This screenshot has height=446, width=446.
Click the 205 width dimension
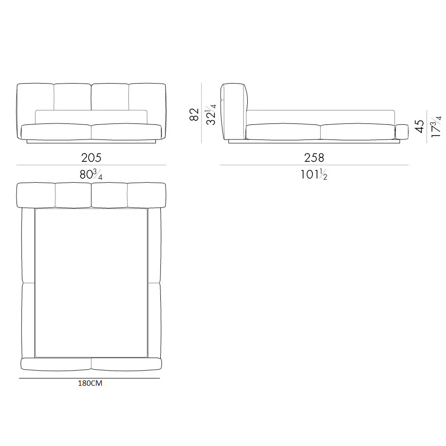(91, 157)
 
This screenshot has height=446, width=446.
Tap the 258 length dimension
(314, 157)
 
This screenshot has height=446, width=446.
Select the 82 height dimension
(194, 115)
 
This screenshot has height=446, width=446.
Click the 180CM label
(90, 383)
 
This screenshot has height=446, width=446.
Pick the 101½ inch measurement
(314, 174)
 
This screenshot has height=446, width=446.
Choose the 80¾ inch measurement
(91, 174)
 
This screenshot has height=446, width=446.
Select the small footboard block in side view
(402, 131)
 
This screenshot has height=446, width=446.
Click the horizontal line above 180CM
(90, 378)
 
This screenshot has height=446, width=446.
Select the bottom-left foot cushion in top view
(56, 364)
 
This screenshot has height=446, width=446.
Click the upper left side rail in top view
(29, 245)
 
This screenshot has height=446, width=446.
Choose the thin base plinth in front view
(91, 141)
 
